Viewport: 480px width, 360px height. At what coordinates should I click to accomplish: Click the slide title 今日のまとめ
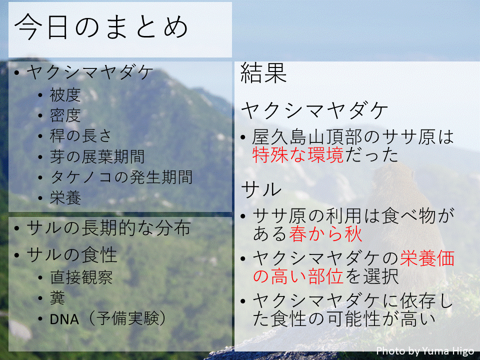(101, 26)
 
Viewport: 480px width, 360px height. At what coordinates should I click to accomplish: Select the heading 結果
(263, 72)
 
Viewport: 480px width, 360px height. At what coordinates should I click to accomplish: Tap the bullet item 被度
(65, 95)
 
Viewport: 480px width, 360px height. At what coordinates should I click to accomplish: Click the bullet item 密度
(65, 115)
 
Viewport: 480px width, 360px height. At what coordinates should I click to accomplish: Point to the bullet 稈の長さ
(80, 136)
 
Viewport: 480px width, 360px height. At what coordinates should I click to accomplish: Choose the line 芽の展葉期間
(97, 156)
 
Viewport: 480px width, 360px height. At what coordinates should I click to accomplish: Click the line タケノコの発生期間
(121, 177)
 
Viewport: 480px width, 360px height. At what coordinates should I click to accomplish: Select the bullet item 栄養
(65, 198)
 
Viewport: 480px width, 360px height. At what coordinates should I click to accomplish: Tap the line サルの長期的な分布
(108, 228)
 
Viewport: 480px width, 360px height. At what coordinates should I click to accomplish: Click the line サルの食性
(72, 254)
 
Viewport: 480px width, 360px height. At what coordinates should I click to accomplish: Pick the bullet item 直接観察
(81, 277)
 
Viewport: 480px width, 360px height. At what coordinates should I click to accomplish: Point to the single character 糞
(57, 298)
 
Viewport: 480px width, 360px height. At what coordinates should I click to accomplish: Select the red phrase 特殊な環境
(298, 154)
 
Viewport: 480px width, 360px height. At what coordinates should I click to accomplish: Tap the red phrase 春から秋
(325, 234)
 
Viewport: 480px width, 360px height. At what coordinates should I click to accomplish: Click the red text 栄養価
(427, 258)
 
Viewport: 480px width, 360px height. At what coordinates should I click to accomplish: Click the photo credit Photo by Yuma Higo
(425, 350)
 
